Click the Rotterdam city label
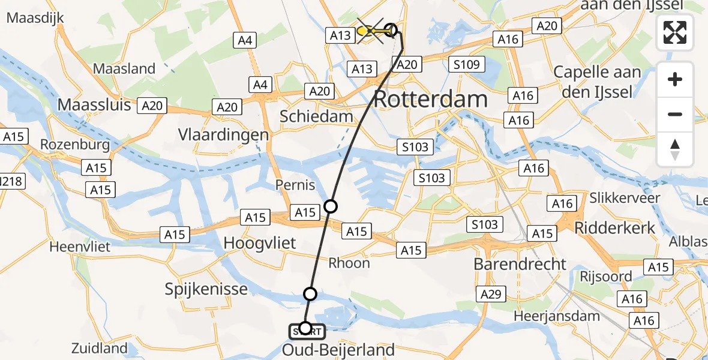pyautogui.click(x=430, y=99)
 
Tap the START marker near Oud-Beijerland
pyautogui.click(x=307, y=330)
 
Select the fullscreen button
pyautogui.click(x=675, y=32)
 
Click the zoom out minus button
pyautogui.click(x=675, y=114)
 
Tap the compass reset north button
pyautogui.click(x=675, y=149)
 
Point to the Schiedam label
pyautogui.click(x=317, y=116)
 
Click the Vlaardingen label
pyautogui.click(x=223, y=134)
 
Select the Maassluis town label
pyautogui.click(x=94, y=105)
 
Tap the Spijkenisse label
pyautogui.click(x=206, y=289)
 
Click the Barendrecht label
pyautogui.click(x=520, y=264)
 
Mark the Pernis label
pyautogui.click(x=295, y=185)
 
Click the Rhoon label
pyautogui.click(x=349, y=263)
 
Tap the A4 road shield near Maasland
pyautogui.click(x=245, y=40)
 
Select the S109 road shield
pyautogui.click(x=466, y=64)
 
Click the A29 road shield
pyautogui.click(x=491, y=294)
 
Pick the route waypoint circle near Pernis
pyautogui.click(x=331, y=206)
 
